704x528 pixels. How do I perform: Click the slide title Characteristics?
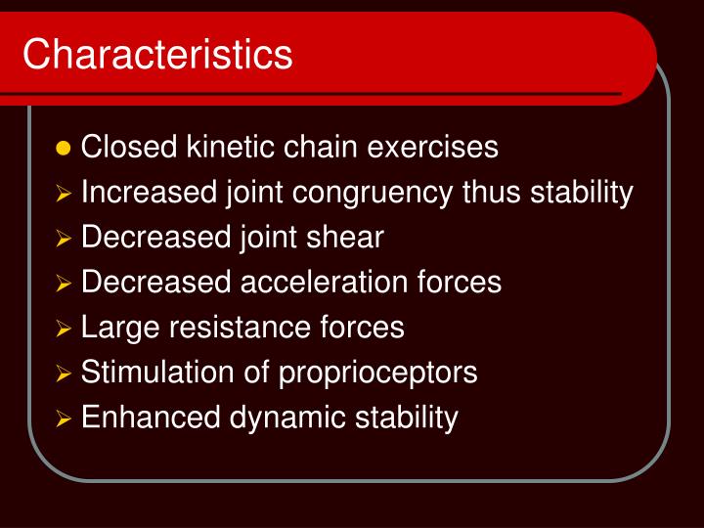(x=157, y=54)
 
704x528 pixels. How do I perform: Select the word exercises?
(x=433, y=148)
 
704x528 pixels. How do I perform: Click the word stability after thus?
(x=582, y=193)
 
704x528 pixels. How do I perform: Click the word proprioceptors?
(x=378, y=373)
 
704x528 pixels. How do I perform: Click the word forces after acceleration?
(x=457, y=283)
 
